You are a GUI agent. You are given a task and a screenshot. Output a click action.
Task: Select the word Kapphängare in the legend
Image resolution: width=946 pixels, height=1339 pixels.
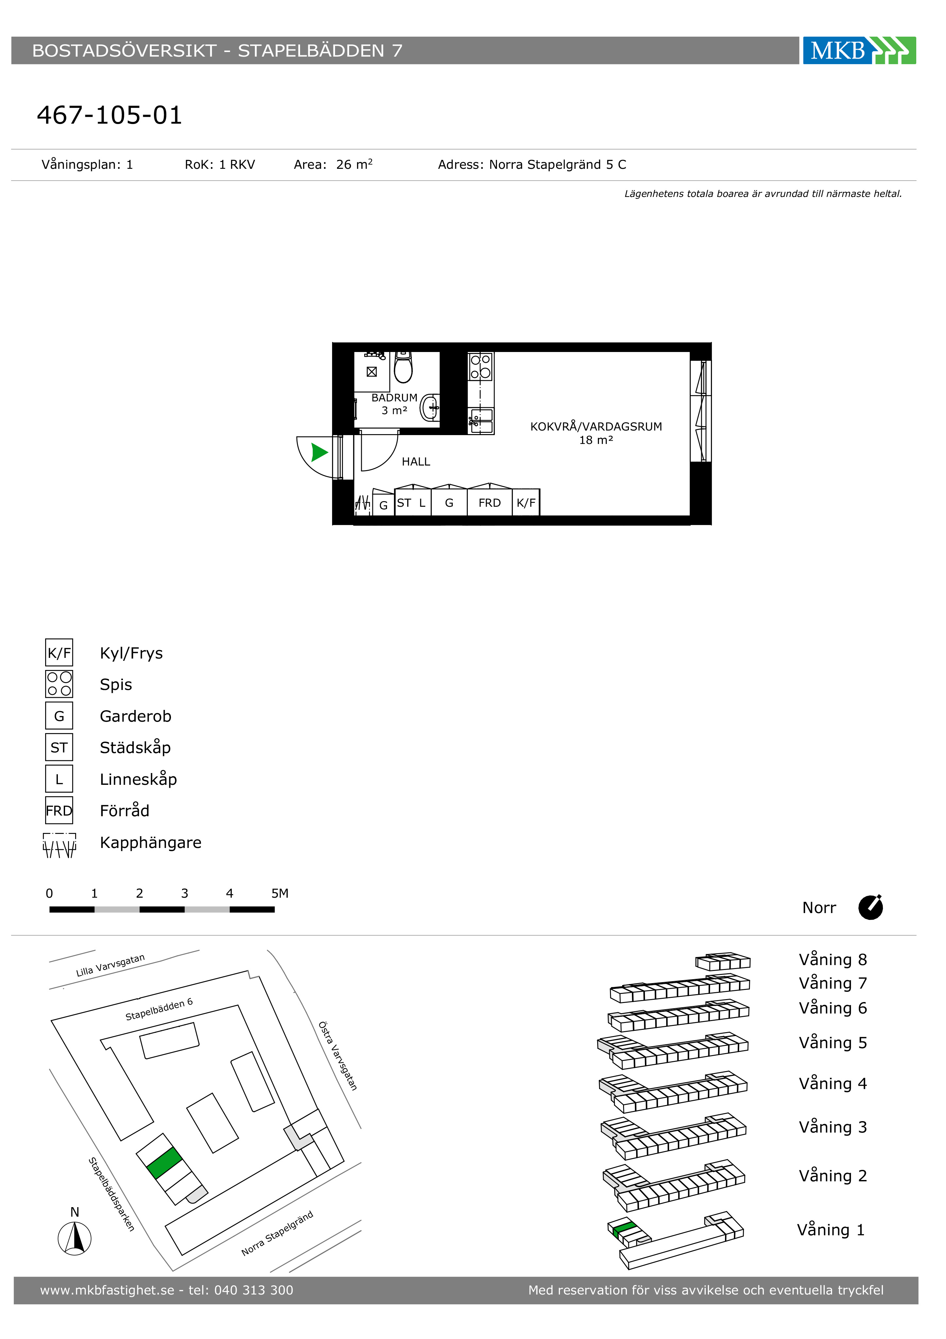click(x=150, y=843)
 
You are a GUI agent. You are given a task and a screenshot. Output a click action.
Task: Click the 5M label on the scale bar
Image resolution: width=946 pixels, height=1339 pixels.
click(x=280, y=893)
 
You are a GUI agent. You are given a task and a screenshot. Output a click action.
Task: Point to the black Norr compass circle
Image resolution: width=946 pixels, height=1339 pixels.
click(x=871, y=907)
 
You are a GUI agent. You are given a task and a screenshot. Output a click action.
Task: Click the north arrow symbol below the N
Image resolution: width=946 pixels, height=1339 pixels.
click(x=75, y=1238)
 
